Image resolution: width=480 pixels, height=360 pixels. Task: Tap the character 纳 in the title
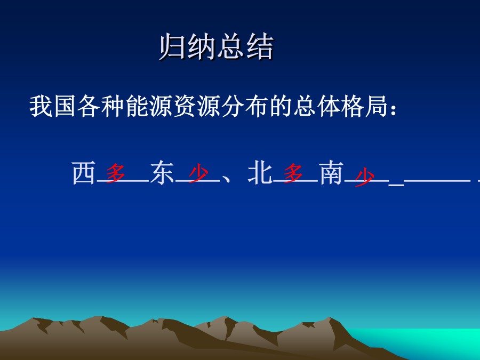(201, 46)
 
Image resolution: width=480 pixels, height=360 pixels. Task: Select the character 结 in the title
(260, 46)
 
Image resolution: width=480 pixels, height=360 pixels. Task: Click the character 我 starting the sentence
(41, 106)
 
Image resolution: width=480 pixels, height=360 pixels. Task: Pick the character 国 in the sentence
(65, 106)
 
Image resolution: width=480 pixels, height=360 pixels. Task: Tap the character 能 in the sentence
(137, 106)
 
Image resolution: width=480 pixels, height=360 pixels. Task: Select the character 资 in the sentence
(185, 106)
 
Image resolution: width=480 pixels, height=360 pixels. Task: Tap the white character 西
(83, 173)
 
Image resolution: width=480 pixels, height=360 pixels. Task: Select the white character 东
(162, 173)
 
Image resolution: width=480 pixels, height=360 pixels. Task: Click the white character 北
(260, 173)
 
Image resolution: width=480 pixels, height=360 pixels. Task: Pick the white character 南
(331, 173)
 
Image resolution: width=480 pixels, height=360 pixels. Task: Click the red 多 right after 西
(115, 173)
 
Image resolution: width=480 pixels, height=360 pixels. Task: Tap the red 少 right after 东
(198, 173)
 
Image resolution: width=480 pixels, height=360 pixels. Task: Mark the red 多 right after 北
(293, 173)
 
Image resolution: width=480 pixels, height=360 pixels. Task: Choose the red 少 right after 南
(364, 177)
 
